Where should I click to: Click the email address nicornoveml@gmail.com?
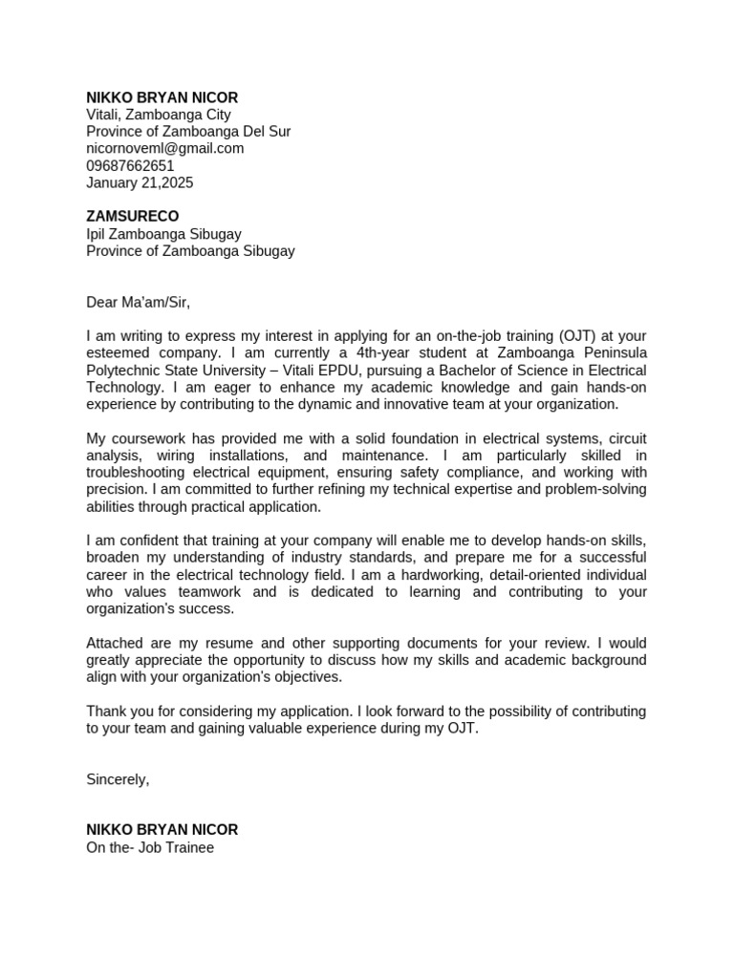164,148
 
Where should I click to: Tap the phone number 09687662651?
130,165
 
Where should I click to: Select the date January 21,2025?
140,182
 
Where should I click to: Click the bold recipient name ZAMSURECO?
132,217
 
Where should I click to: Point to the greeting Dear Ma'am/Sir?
139,303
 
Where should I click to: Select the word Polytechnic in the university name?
122,371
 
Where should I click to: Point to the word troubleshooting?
139,473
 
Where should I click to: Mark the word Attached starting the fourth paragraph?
115,643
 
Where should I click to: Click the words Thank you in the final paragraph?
116,712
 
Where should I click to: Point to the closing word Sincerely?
118,779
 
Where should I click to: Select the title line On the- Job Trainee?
150,847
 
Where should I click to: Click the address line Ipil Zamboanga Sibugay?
163,234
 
